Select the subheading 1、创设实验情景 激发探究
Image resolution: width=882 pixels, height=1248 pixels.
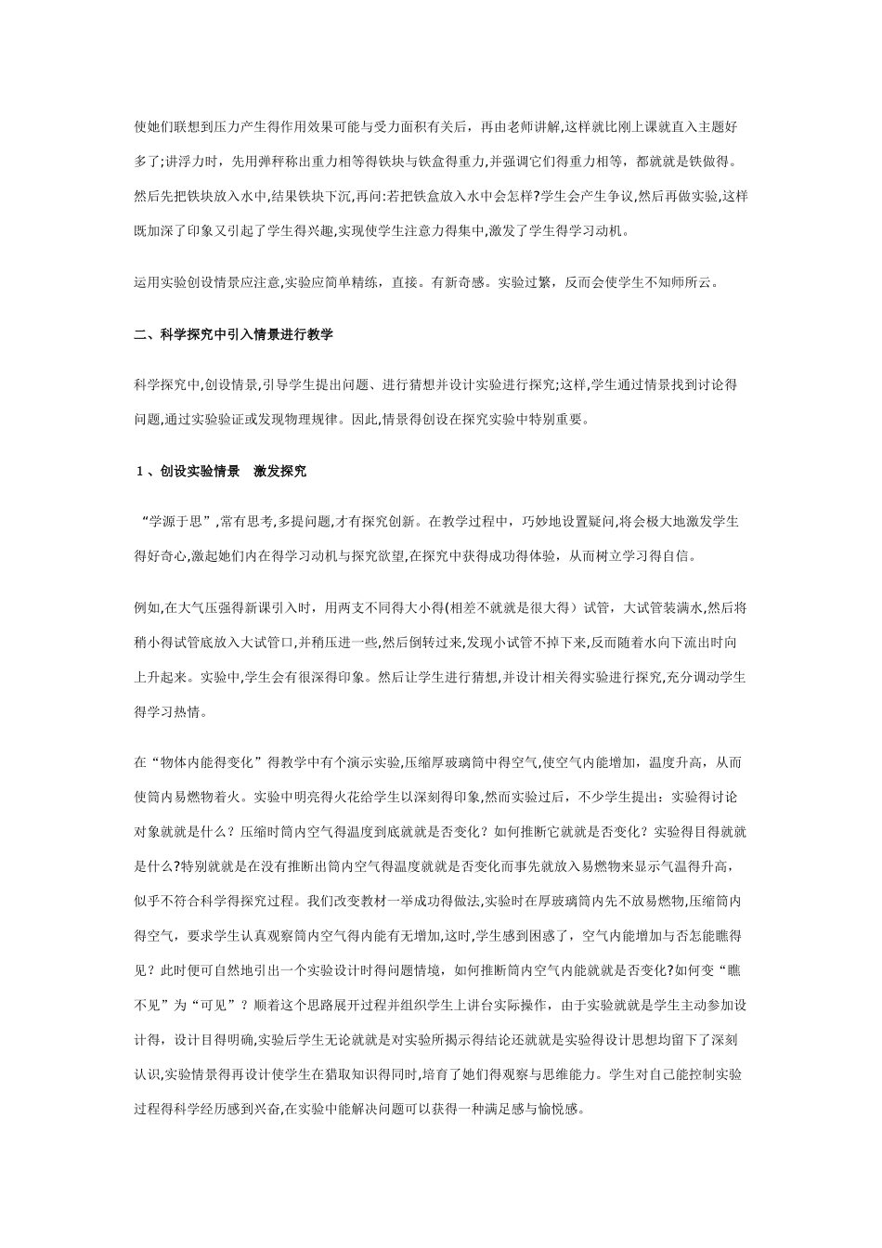point(221,471)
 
